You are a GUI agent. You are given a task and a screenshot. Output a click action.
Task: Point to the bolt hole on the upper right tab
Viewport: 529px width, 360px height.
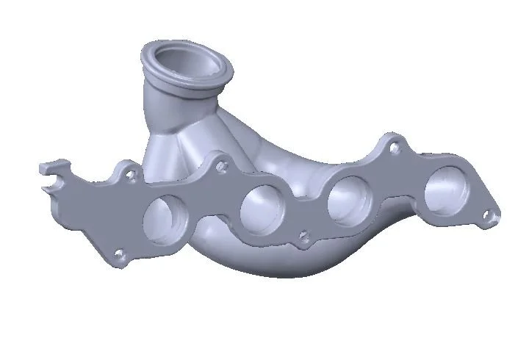pos(396,147)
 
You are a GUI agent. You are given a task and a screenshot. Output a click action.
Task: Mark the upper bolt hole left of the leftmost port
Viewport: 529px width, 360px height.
pos(131,176)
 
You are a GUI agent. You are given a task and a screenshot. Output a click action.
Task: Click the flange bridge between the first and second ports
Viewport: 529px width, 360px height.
pos(213,213)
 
